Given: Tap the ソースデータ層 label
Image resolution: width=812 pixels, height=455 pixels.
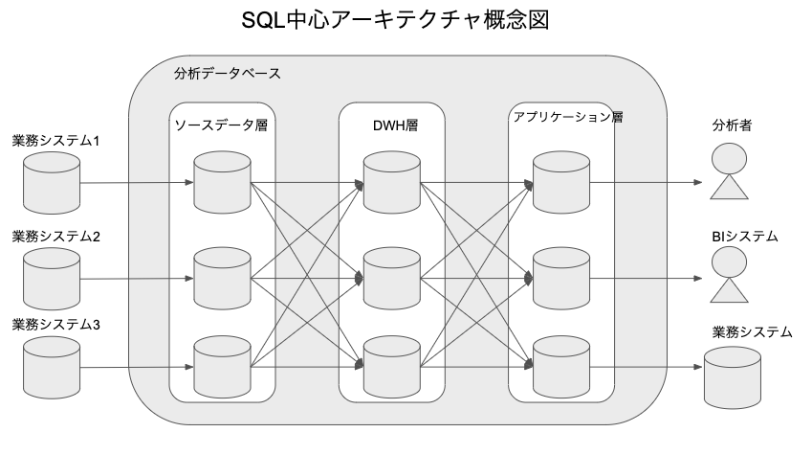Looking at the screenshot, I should tap(221, 125).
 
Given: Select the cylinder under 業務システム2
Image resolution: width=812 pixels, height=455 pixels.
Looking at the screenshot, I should tap(51, 276).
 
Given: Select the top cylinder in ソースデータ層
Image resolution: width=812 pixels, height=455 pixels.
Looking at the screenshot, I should tap(221, 182).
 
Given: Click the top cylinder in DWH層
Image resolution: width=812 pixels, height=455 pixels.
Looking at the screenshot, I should tap(392, 182).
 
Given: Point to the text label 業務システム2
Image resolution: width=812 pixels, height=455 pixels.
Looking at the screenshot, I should tap(56, 235).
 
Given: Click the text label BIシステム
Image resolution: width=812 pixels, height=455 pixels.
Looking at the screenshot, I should tap(745, 235).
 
